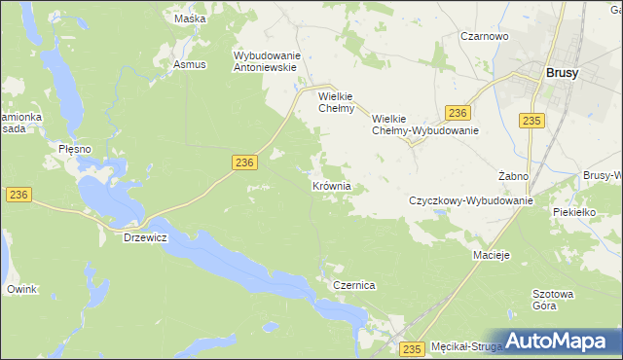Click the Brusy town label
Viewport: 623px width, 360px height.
(563, 72)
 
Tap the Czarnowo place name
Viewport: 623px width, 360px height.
(485, 36)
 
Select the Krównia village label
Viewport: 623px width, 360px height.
(331, 186)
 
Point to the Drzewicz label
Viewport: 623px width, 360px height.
(146, 237)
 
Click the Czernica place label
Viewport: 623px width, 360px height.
(354, 286)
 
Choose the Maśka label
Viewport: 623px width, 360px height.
(190, 18)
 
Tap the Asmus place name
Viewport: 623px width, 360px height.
(190, 64)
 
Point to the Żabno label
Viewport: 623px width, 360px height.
(513, 176)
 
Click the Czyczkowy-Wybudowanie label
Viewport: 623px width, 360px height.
(471, 200)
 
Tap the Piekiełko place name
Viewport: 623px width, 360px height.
(572, 211)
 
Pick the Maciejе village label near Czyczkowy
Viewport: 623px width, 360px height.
(493, 255)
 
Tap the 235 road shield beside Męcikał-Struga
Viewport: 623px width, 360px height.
(412, 348)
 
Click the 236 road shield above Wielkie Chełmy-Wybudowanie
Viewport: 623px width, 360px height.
(458, 113)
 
